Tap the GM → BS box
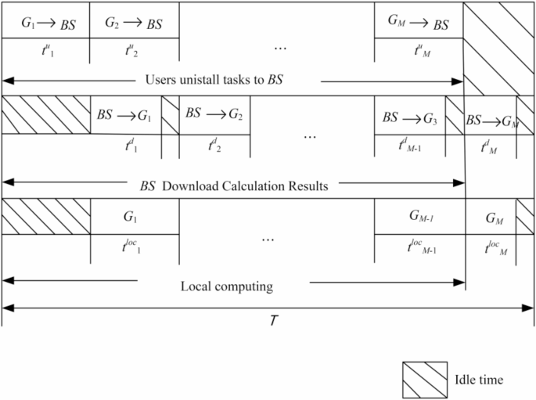[x=419, y=23]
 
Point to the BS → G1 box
[x=124, y=115]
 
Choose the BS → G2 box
[x=214, y=114]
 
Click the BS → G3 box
[x=409, y=118]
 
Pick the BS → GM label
[x=491, y=121]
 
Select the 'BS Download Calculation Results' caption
[x=233, y=186]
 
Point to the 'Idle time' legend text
[x=478, y=380]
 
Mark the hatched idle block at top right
[x=498, y=47]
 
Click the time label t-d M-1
[x=409, y=146]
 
